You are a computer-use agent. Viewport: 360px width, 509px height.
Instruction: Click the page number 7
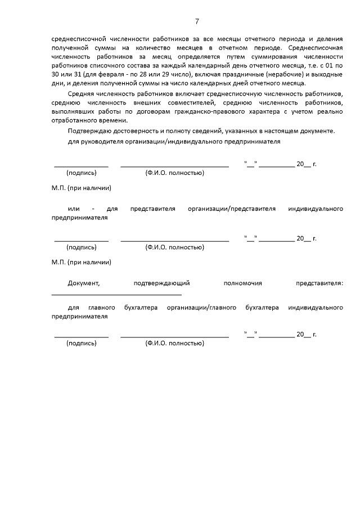tap(197, 21)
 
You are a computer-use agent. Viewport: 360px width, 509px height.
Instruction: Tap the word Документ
tap(83, 283)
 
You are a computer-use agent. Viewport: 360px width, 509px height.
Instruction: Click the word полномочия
tap(242, 283)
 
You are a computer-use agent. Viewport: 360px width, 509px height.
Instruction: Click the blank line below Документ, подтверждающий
tap(116, 294)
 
